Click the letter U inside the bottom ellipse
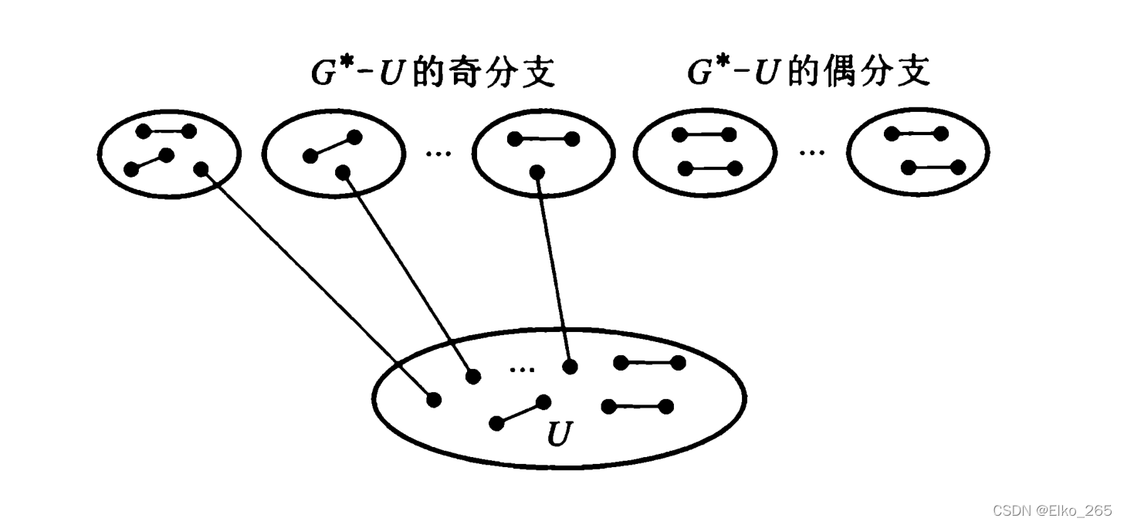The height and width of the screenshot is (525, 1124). (558, 435)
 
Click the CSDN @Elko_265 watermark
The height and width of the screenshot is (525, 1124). (1052, 510)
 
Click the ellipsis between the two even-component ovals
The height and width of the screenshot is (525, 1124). (811, 153)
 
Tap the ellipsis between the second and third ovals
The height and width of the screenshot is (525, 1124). (438, 153)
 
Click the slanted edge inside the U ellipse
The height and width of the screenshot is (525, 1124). (520, 412)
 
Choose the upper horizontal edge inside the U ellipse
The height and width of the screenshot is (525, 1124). (649, 362)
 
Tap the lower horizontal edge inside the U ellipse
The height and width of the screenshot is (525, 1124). (638, 406)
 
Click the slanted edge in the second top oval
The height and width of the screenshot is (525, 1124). (332, 147)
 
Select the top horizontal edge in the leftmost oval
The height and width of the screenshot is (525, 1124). (165, 131)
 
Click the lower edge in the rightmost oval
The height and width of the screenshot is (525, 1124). (933, 168)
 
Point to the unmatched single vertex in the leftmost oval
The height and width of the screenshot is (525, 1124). (201, 168)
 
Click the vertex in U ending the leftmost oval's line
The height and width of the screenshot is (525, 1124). (434, 399)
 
